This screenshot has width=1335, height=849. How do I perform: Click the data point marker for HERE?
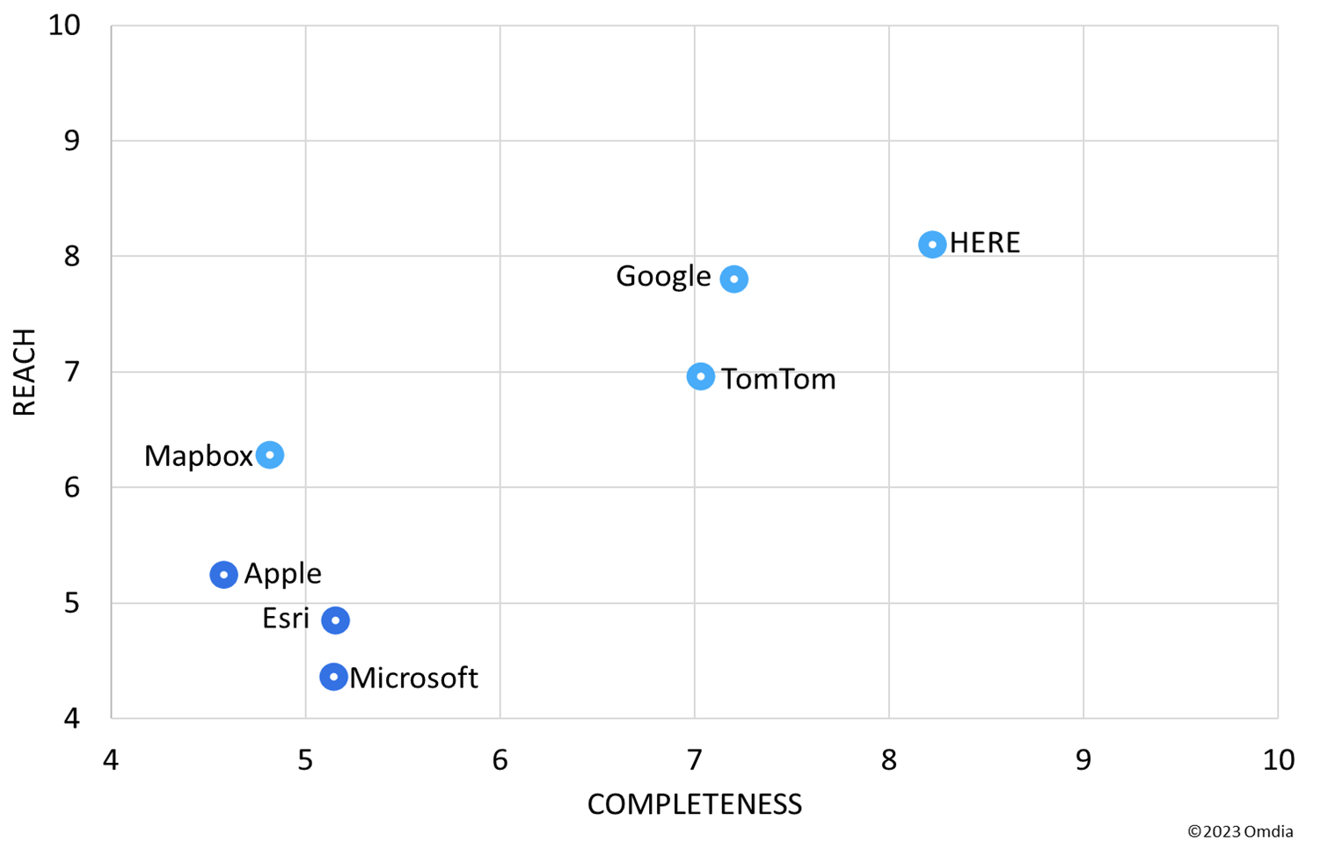tap(932, 244)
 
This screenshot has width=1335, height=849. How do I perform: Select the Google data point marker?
tap(733, 279)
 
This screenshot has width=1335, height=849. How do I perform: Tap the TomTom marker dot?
tap(700, 376)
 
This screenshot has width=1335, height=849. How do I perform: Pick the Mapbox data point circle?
tap(270, 454)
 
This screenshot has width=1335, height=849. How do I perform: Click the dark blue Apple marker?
tap(223, 574)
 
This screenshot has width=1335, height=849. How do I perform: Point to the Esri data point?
tap(335, 620)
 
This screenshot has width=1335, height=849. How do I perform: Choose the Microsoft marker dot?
tap(332, 677)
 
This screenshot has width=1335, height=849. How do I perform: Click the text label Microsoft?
tap(413, 678)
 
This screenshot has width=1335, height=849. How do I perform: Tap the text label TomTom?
tap(778, 380)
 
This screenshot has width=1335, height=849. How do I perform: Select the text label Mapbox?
tap(198, 456)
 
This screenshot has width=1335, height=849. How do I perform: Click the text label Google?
tap(663, 276)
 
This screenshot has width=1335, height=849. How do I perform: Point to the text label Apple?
tap(282, 573)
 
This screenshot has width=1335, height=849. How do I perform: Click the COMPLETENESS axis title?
tap(694, 804)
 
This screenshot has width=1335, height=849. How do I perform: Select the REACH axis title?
tap(24, 372)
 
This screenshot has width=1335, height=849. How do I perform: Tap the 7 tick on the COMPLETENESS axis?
tap(694, 760)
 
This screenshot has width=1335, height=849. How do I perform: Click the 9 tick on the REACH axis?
tap(71, 141)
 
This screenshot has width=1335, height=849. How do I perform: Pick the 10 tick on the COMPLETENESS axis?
tap(1278, 760)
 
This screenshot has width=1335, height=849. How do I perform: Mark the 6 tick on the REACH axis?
tap(71, 487)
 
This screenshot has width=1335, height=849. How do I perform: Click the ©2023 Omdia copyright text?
tap(1240, 831)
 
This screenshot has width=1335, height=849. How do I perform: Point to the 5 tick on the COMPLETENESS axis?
tap(305, 760)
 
